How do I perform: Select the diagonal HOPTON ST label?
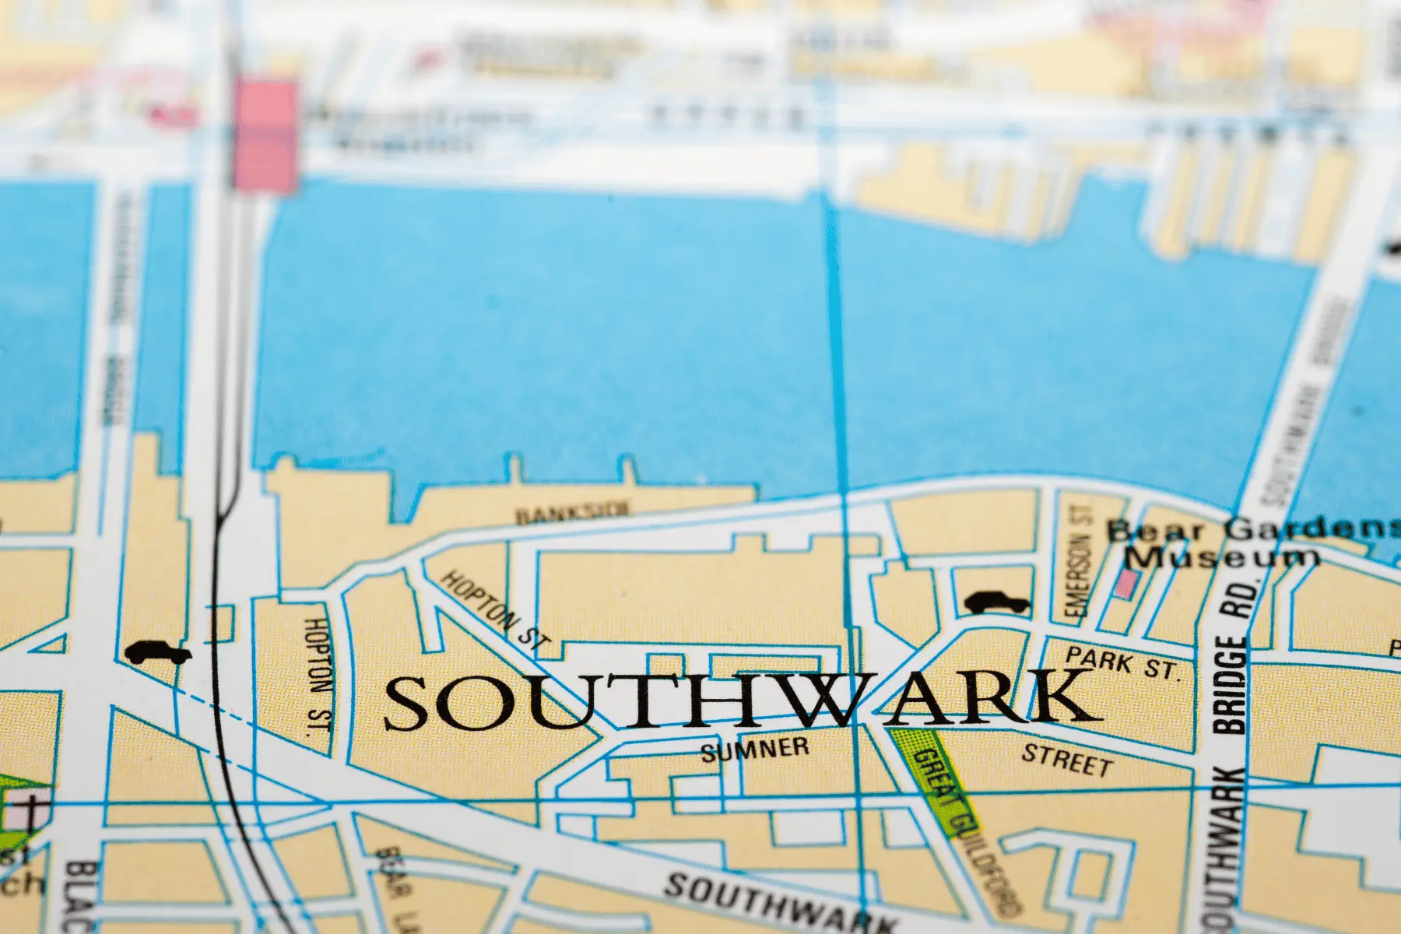point(495,612)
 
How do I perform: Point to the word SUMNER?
point(754,750)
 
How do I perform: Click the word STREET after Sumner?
point(1066,759)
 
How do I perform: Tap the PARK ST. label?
point(1122,663)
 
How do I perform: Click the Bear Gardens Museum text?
point(1245,542)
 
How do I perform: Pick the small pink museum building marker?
point(1124,583)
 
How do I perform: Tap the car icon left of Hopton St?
point(158,653)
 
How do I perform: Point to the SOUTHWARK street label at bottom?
point(778,904)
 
